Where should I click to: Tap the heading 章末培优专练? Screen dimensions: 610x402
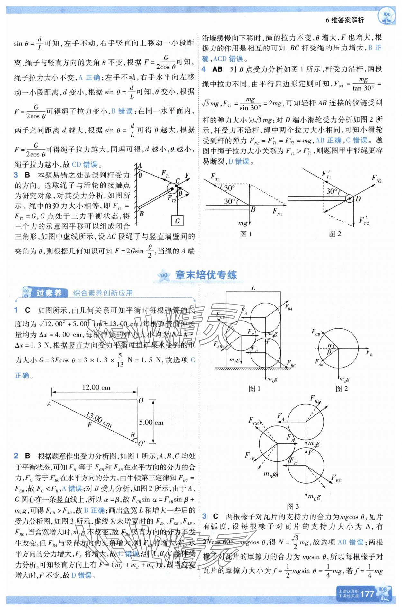pyautogui.click(x=206, y=275)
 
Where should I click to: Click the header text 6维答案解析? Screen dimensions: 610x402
pyautogui.click(x=345, y=20)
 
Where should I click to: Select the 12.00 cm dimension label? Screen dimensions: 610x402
pyautogui.click(x=96, y=387)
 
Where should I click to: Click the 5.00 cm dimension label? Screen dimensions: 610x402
pyautogui.click(x=151, y=423)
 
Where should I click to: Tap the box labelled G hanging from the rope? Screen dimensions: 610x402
pyautogui.click(x=177, y=221)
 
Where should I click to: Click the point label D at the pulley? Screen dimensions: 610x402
pyautogui.click(x=358, y=199)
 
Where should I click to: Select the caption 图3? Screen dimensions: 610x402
pyautogui.click(x=293, y=506)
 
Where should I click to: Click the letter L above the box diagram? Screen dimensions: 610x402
pyautogui.click(x=253, y=288)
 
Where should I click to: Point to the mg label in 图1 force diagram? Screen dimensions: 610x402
pyautogui.click(x=243, y=223)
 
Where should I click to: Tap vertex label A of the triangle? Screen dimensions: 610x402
pyautogui.click(x=49, y=404)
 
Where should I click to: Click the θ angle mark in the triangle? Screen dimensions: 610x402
pyautogui.click(x=132, y=435)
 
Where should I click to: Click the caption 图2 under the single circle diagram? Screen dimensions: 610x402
pyautogui.click(x=342, y=389)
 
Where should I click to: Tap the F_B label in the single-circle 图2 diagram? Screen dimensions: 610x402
pyautogui.click(x=369, y=352)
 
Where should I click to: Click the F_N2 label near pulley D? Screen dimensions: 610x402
pyautogui.click(x=377, y=178)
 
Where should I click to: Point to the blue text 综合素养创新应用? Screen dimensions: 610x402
pyautogui.click(x=103, y=293)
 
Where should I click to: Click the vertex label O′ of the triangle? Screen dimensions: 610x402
pyautogui.click(x=142, y=443)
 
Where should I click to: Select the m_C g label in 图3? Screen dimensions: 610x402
pyautogui.click(x=314, y=497)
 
